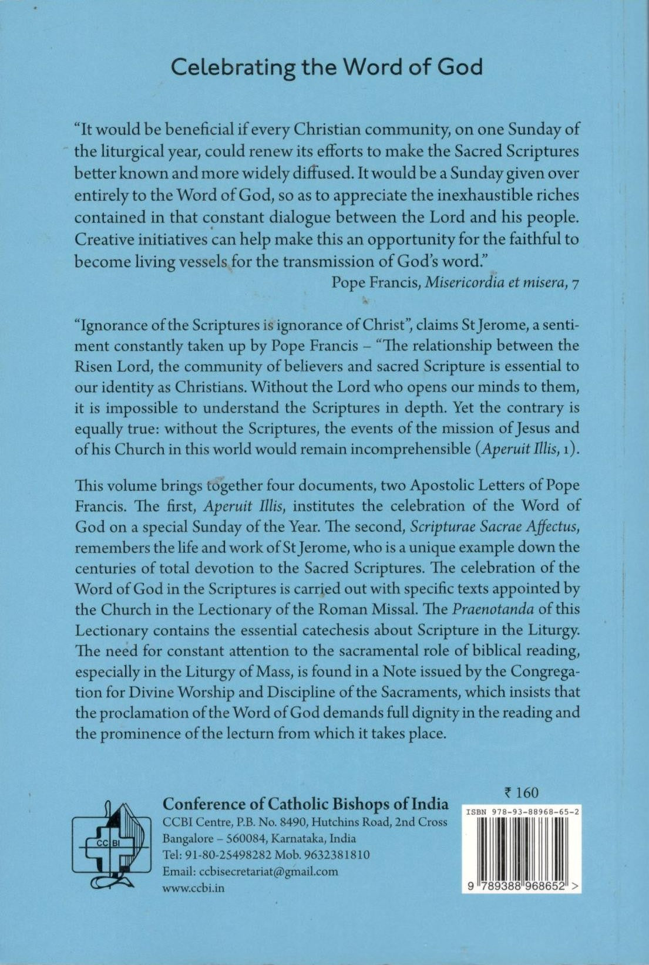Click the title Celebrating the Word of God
(327, 68)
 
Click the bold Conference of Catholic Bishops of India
(305, 804)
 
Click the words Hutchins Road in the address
(348, 822)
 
